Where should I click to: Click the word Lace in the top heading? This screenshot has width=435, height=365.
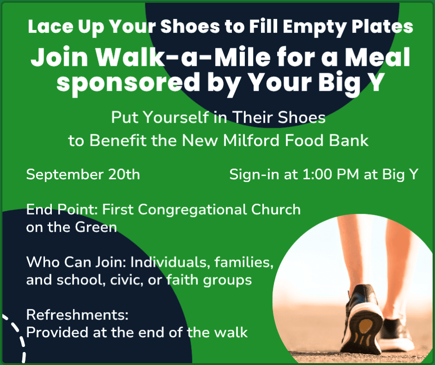tap(50, 27)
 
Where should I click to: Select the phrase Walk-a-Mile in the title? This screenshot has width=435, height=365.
tap(183, 57)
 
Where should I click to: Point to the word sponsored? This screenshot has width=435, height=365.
tap(128, 82)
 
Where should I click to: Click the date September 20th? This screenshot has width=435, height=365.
tap(83, 175)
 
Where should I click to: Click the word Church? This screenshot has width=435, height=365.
tap(276, 209)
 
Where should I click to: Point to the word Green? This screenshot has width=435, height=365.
tap(96, 227)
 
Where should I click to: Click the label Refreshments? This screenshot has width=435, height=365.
tap(77, 315)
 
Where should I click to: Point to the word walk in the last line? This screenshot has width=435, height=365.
tap(231, 332)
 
